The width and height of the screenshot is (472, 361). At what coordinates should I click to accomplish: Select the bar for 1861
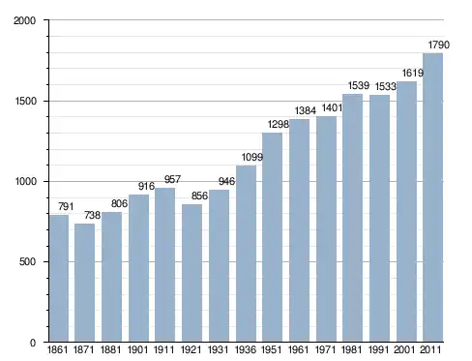point(59,278)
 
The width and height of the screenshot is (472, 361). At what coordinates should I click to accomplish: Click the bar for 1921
point(192,273)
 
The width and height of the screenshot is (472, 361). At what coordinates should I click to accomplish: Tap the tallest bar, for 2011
point(432,197)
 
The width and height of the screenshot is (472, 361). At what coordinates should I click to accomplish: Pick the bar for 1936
point(246,254)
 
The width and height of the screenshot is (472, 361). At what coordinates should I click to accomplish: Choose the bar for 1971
point(326,229)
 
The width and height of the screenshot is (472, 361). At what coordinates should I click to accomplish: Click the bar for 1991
point(379,219)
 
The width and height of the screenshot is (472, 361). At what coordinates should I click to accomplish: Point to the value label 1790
point(438,45)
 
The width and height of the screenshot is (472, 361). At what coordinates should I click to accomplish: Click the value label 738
point(92,215)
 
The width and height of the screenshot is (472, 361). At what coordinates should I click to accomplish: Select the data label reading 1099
point(252,157)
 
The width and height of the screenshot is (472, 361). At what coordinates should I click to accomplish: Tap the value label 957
point(172,179)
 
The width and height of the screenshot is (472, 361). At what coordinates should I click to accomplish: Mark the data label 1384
point(306,110)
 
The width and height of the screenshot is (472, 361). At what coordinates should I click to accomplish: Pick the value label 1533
point(385,86)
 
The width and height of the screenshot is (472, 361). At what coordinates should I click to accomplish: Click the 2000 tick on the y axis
point(24,20)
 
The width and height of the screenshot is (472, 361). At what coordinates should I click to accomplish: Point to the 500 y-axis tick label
point(27,261)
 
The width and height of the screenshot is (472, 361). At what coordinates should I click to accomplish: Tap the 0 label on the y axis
point(33,343)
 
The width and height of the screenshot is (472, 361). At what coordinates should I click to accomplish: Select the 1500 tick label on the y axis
point(25,101)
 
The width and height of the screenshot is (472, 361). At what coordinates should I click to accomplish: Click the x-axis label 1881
point(110,349)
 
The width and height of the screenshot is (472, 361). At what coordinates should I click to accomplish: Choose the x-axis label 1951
point(271,349)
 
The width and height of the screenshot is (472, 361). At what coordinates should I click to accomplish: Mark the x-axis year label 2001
point(404,349)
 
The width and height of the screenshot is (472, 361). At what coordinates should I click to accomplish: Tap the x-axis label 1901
point(137,349)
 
